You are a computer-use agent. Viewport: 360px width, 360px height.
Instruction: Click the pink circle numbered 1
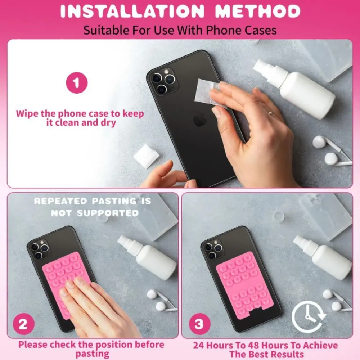coord(77,83)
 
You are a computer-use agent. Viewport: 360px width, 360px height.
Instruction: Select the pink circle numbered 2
coord(23,324)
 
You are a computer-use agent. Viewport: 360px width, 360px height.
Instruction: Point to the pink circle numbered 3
coord(199,324)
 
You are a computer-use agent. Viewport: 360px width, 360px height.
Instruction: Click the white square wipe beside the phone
coord(147,157)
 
